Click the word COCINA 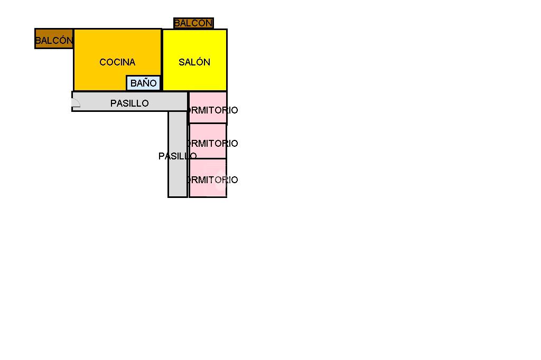[x=117, y=62]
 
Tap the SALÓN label [x=194, y=62]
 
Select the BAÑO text [x=144, y=83]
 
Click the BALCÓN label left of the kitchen [x=53, y=40]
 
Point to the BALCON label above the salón [x=193, y=23]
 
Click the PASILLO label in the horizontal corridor [x=129, y=103]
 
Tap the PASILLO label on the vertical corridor [x=178, y=156]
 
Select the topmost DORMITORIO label [x=213, y=110]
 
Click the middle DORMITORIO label [x=213, y=144]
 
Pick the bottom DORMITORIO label [x=213, y=180]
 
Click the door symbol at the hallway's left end [x=76, y=103]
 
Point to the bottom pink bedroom [x=208, y=190]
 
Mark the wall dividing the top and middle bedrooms [x=208, y=124]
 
